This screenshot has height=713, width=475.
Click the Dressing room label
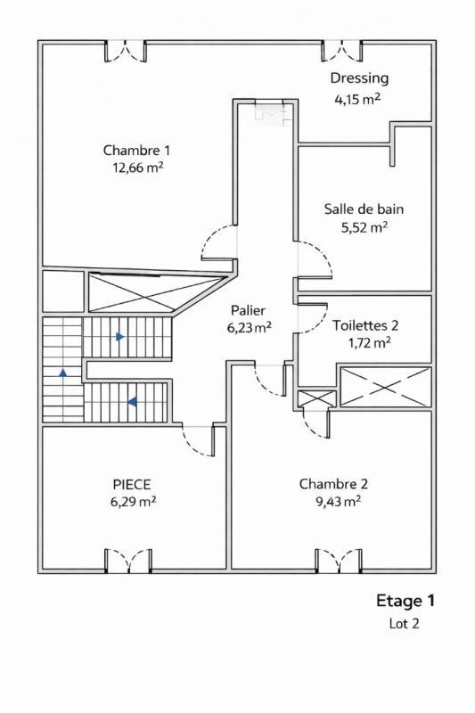359,78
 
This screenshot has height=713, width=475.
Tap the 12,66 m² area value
136,167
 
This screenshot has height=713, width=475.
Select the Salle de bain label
364,209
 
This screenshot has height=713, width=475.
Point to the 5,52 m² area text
364,227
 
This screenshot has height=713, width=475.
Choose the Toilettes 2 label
365,324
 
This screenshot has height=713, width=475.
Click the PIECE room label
131,484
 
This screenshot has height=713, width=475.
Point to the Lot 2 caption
404,624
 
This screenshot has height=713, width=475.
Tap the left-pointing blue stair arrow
131,402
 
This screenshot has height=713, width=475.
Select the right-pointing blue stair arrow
119,337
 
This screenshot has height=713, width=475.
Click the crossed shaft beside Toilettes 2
385,386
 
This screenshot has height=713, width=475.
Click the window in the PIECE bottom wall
128,561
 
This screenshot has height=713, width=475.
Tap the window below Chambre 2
339,561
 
